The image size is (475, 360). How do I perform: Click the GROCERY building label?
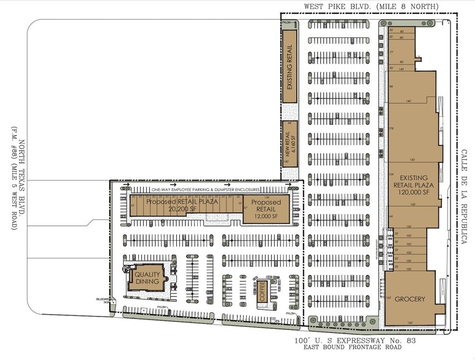[x=410, y=299]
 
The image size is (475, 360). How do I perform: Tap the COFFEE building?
[x=263, y=290]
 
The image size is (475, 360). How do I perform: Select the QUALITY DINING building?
[x=148, y=279]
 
